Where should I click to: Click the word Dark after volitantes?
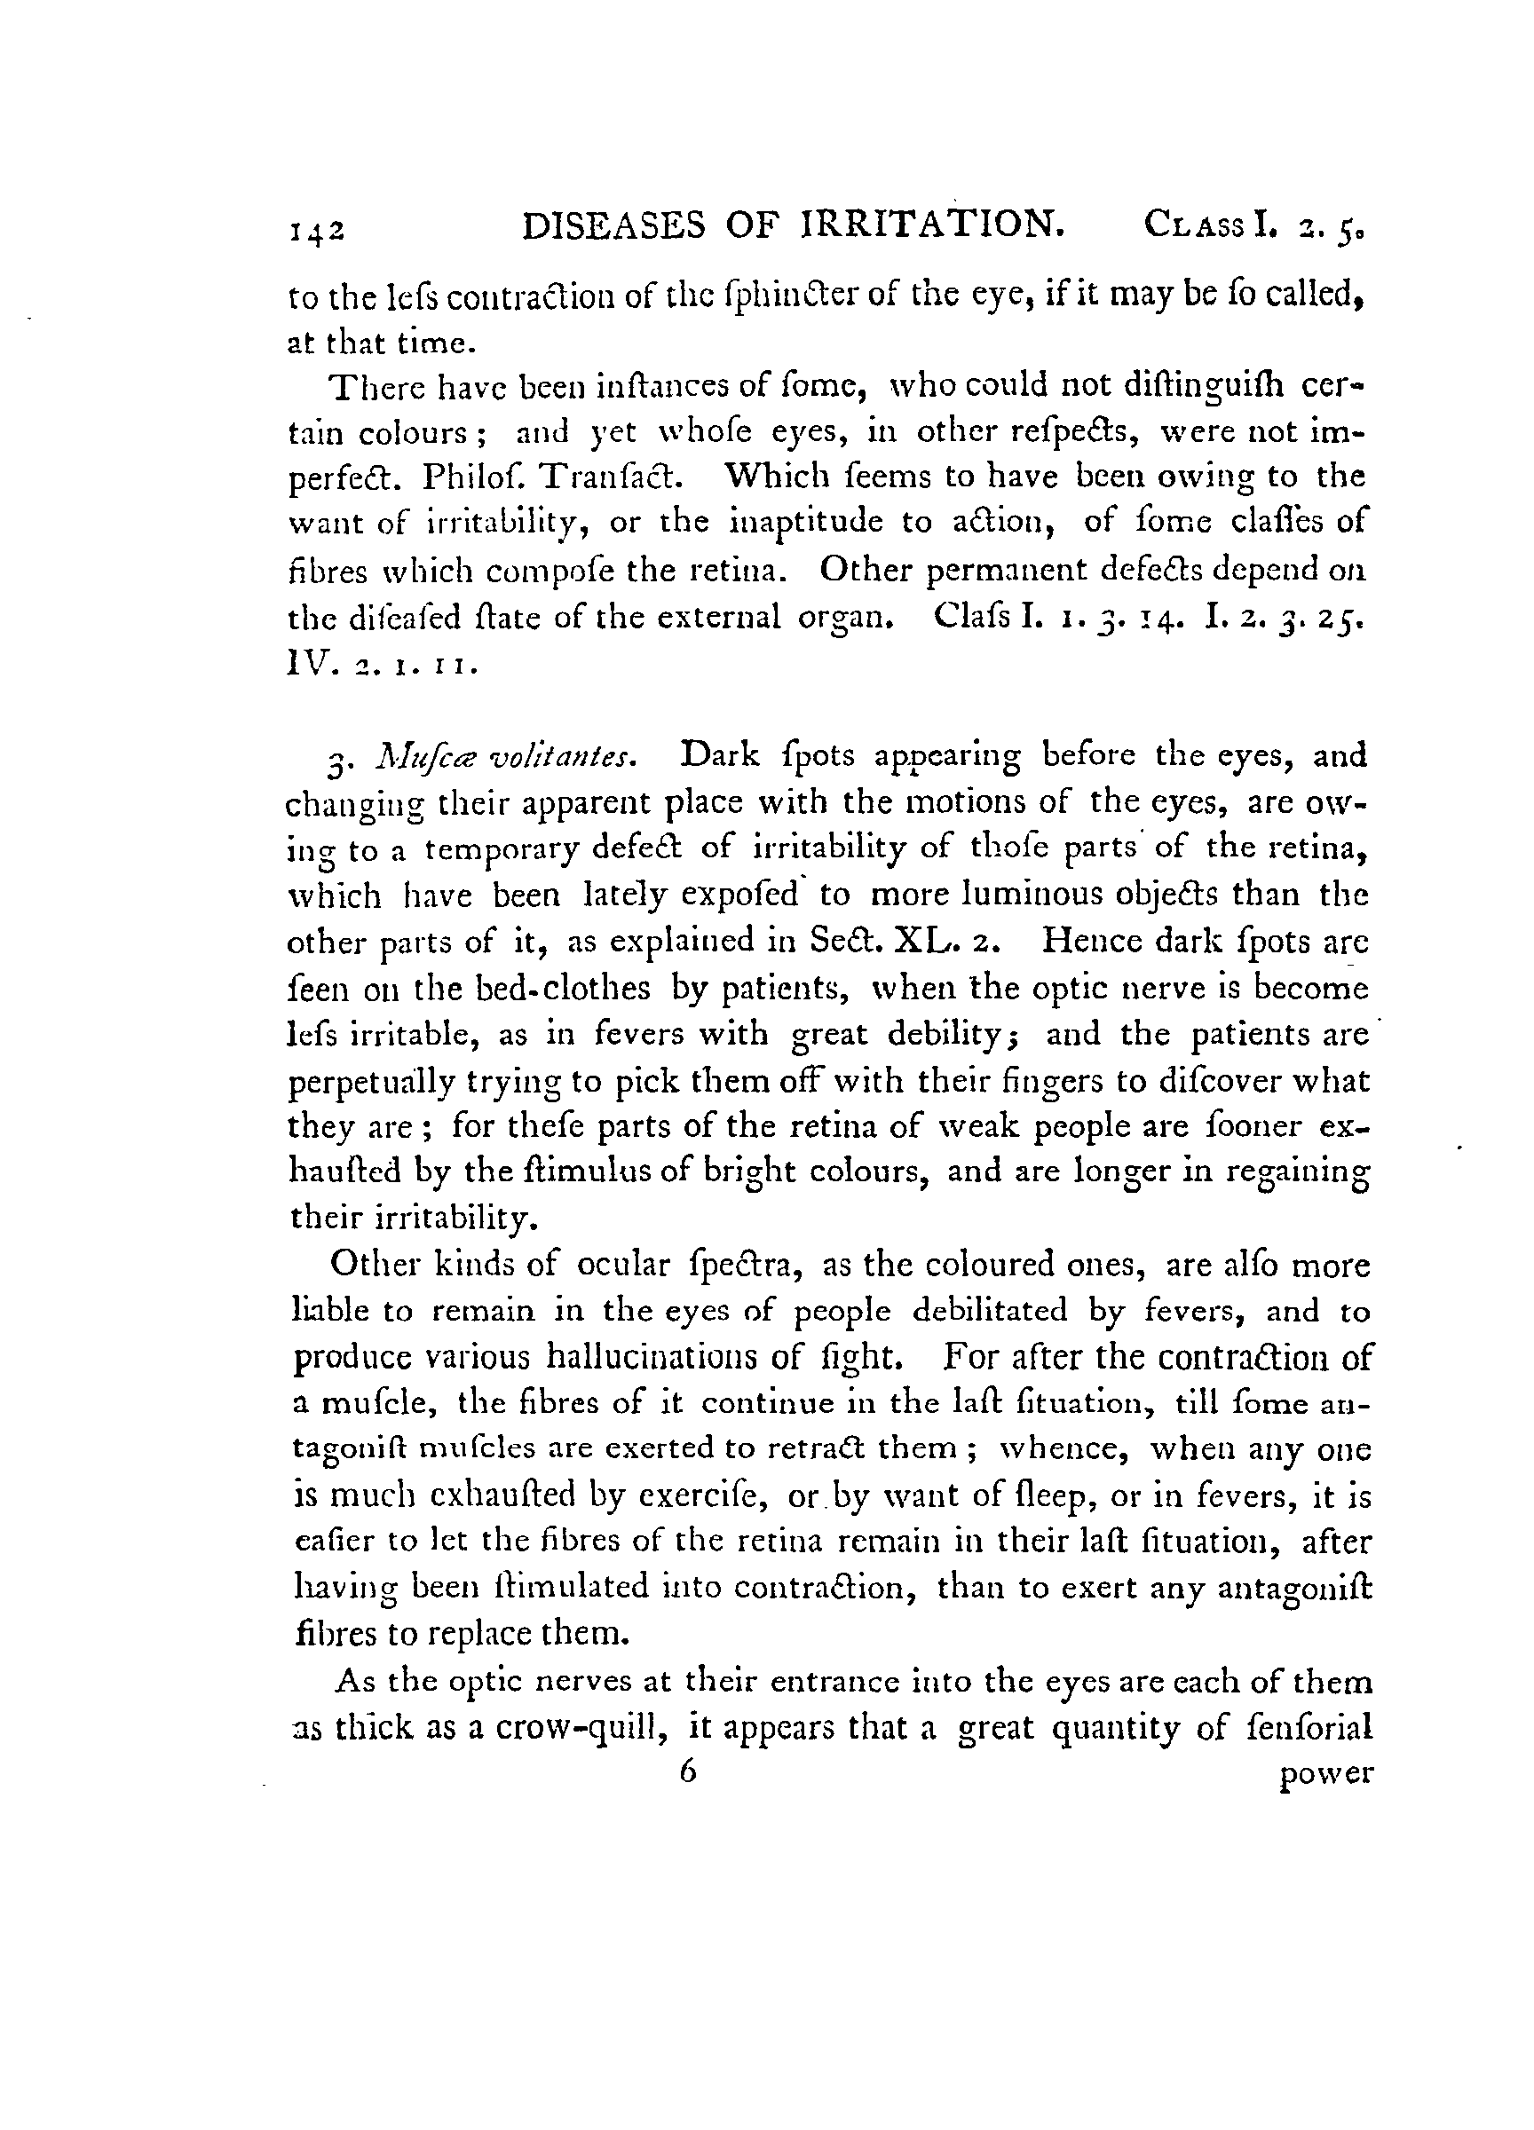(x=716, y=755)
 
